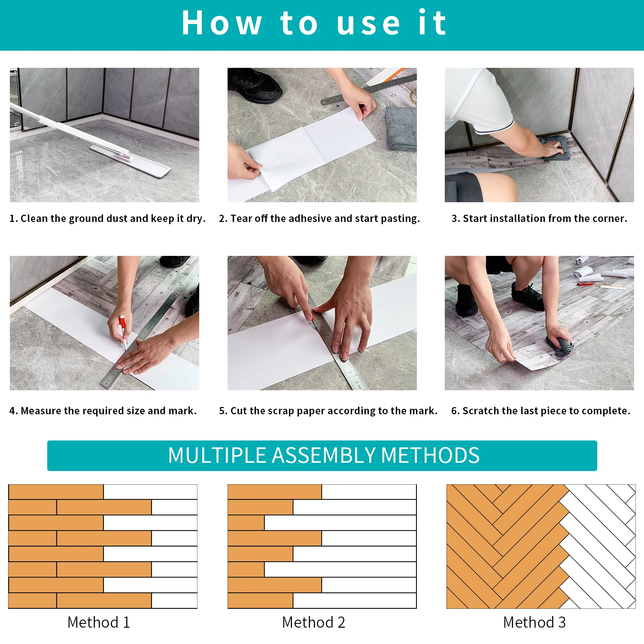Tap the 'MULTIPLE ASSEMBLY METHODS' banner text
point(324,456)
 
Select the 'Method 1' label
point(99,622)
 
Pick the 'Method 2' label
point(314,622)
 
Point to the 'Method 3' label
point(535,622)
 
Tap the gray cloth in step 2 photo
point(401,128)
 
